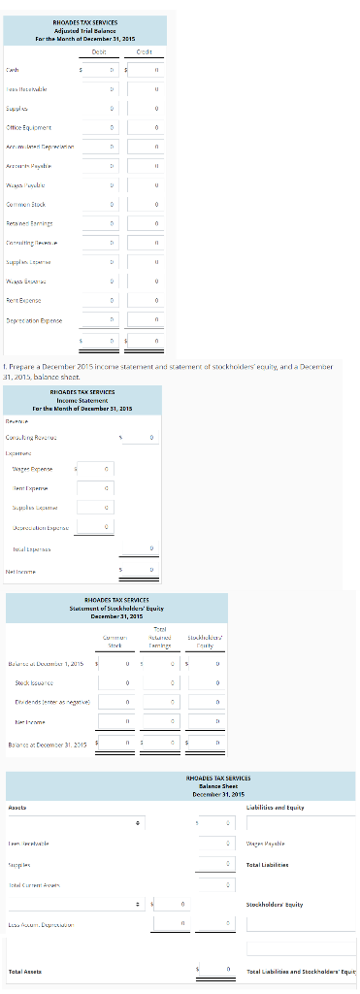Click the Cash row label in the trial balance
coord(13,69)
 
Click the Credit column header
coord(147,51)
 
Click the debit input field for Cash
coord(103,69)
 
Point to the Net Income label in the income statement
coord(22,571)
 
